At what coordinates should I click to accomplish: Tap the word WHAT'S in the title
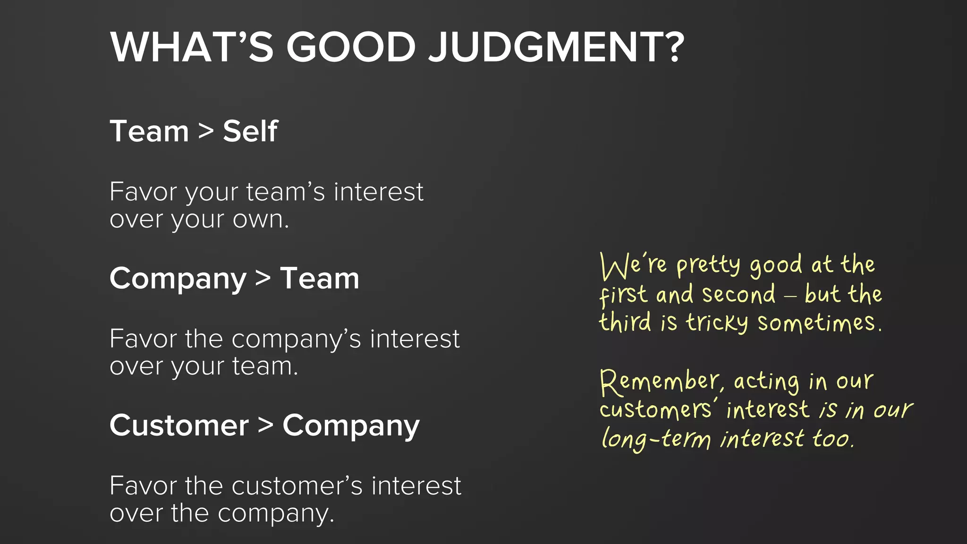point(192,47)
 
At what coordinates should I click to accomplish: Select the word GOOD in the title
point(350,47)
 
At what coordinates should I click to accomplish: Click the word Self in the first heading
point(250,131)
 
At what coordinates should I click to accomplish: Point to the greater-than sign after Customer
point(266,425)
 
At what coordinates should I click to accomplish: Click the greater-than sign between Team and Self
point(206,131)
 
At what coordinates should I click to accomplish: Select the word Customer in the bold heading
point(179,425)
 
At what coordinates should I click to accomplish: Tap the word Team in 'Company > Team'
point(320,278)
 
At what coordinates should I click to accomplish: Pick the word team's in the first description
point(285,192)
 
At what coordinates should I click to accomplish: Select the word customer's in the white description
point(297,486)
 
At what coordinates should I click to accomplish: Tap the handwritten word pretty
point(708,265)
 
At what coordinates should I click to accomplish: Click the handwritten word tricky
point(717,323)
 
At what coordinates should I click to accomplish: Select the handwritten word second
point(738,295)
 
